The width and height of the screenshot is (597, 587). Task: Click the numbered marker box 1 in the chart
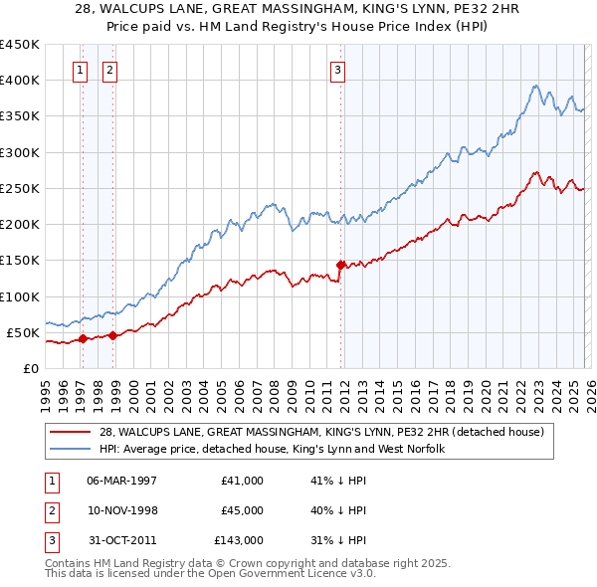pyautogui.click(x=80, y=70)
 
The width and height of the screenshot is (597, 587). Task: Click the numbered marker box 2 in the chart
pyautogui.click(x=108, y=70)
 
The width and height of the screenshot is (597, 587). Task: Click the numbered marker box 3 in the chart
pyautogui.click(x=338, y=70)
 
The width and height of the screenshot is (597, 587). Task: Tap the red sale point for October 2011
pyautogui.click(x=340, y=265)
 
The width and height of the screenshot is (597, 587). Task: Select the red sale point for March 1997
pyautogui.click(x=83, y=338)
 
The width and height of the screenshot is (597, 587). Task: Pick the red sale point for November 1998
pyautogui.click(x=112, y=335)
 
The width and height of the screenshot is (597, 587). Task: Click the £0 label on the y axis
pyautogui.click(x=30, y=368)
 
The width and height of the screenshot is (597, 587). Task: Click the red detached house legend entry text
pyautogui.click(x=321, y=432)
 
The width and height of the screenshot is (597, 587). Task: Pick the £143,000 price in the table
pyautogui.click(x=238, y=540)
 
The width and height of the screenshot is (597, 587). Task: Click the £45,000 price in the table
pyautogui.click(x=242, y=510)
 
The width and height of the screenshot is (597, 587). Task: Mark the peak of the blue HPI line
pyautogui.click(x=535, y=87)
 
